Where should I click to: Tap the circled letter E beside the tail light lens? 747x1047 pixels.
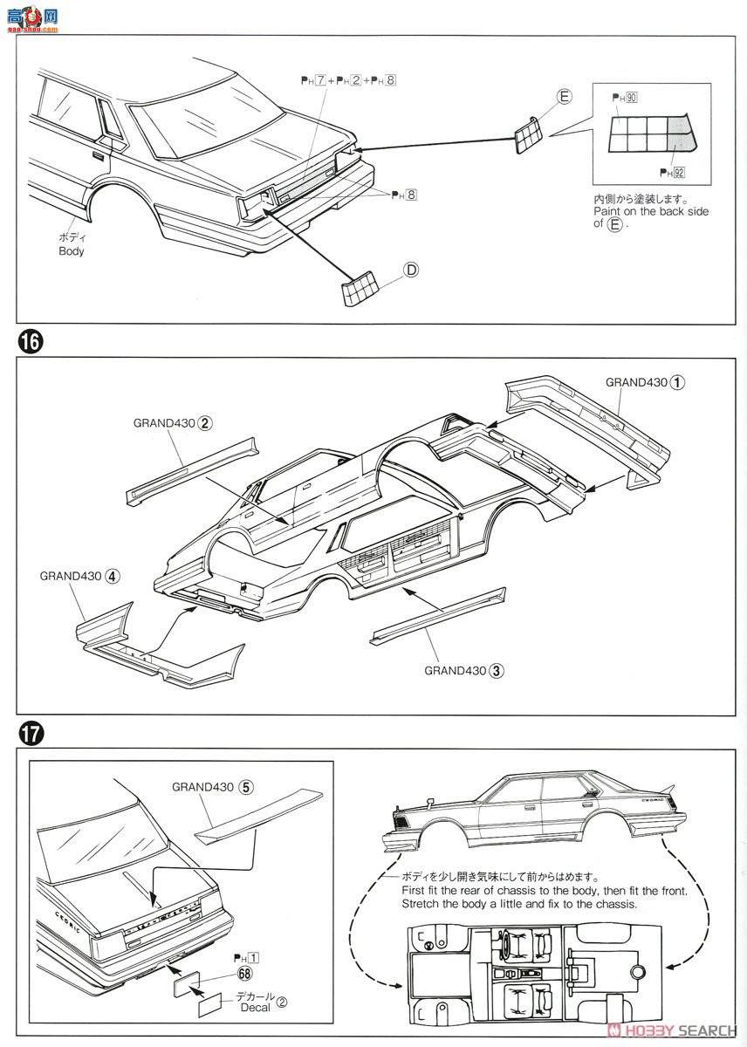(564, 97)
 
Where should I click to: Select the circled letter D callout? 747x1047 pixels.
(411, 270)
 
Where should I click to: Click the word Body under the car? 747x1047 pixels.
(72, 251)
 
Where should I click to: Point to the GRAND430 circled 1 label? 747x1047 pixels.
(646, 382)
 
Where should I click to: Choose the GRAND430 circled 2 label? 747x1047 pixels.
(174, 423)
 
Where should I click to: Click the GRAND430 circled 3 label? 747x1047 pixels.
(464, 670)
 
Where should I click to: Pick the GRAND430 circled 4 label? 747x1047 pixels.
(79, 576)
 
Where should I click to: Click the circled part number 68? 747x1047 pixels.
(243, 975)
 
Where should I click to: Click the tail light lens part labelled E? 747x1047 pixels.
(528, 133)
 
